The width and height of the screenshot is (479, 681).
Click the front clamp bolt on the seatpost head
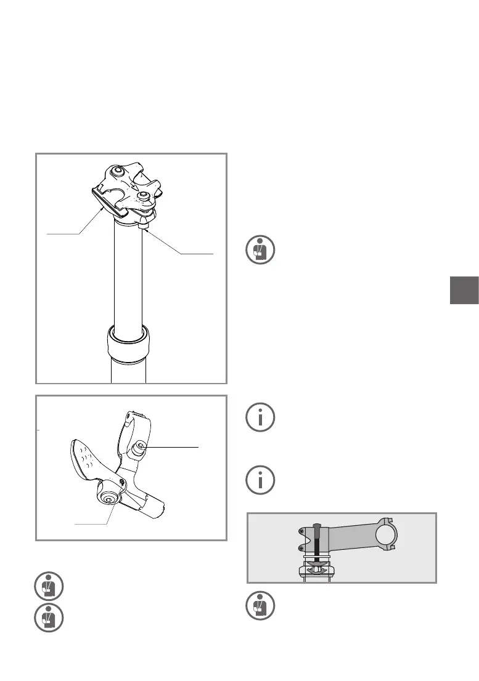point(144,196)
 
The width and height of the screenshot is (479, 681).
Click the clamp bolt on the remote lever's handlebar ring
point(142,446)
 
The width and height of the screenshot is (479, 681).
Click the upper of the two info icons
point(260,418)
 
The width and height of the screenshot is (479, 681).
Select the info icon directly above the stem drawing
point(260,480)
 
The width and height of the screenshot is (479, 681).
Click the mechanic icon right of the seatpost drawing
point(260,251)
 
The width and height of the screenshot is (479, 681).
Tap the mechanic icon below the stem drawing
point(260,605)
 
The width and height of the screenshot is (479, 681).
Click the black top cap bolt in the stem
point(317,542)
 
